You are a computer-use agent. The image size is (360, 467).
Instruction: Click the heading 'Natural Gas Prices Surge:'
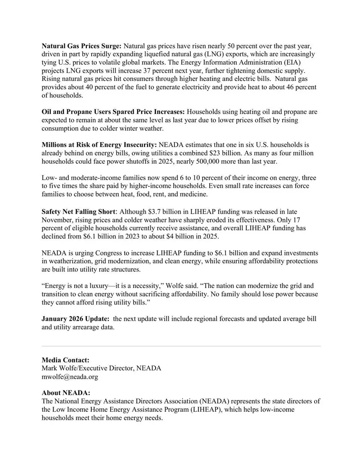81,46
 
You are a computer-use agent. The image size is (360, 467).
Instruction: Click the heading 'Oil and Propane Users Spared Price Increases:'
113,112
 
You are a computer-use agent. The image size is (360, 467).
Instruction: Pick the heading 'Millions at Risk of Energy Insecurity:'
99,144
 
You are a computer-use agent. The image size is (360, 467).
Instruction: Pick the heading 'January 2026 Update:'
75,319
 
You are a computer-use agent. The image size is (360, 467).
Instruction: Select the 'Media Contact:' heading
65,360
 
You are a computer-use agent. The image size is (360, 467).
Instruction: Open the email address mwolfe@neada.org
70,377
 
